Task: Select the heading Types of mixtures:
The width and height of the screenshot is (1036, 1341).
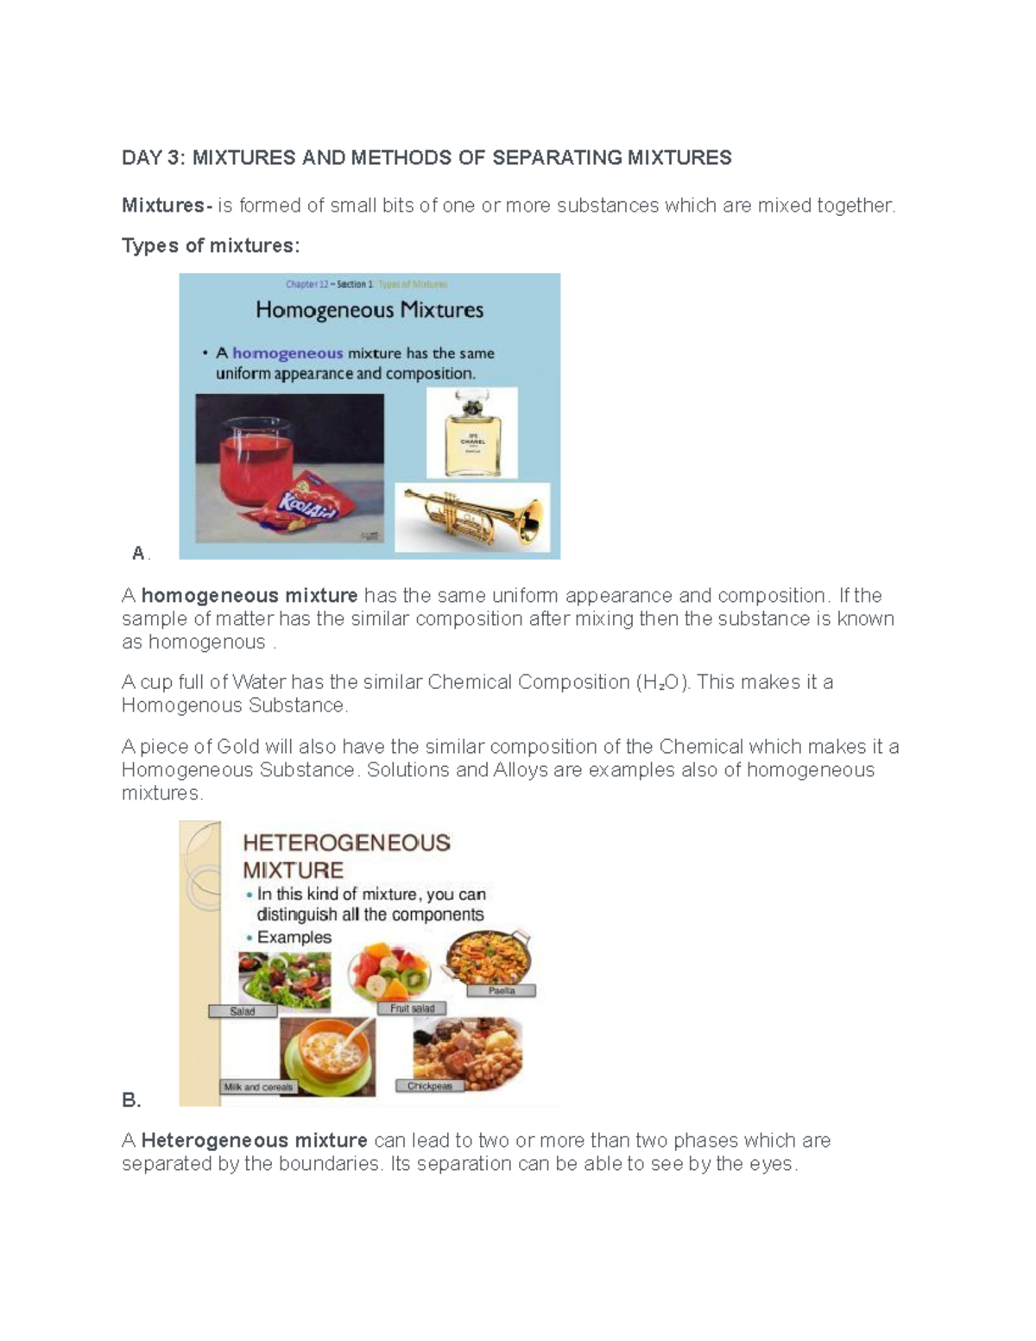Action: click(211, 246)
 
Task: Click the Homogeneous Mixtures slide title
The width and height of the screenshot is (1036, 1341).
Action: click(370, 310)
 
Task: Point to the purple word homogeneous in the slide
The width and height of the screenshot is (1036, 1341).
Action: click(287, 353)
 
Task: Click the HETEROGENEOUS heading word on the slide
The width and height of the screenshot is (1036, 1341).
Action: click(346, 843)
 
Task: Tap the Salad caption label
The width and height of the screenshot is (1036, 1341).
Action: click(243, 1011)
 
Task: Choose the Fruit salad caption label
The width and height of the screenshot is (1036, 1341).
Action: click(412, 1008)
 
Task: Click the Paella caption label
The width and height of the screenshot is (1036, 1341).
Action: click(501, 990)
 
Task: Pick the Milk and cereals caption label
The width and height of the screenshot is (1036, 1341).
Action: click(258, 1087)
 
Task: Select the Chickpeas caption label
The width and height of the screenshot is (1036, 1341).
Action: click(429, 1085)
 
